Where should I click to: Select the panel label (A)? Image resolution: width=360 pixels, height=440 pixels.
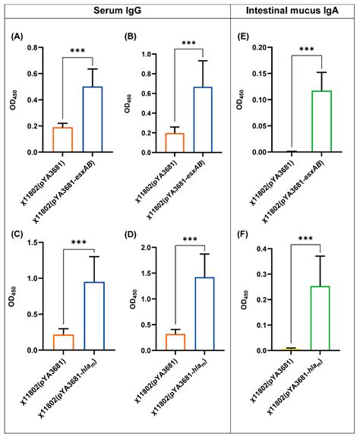click(x=19, y=36)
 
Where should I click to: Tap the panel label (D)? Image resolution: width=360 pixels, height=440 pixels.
click(x=135, y=234)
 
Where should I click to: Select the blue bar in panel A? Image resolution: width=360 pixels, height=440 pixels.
click(x=92, y=119)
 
